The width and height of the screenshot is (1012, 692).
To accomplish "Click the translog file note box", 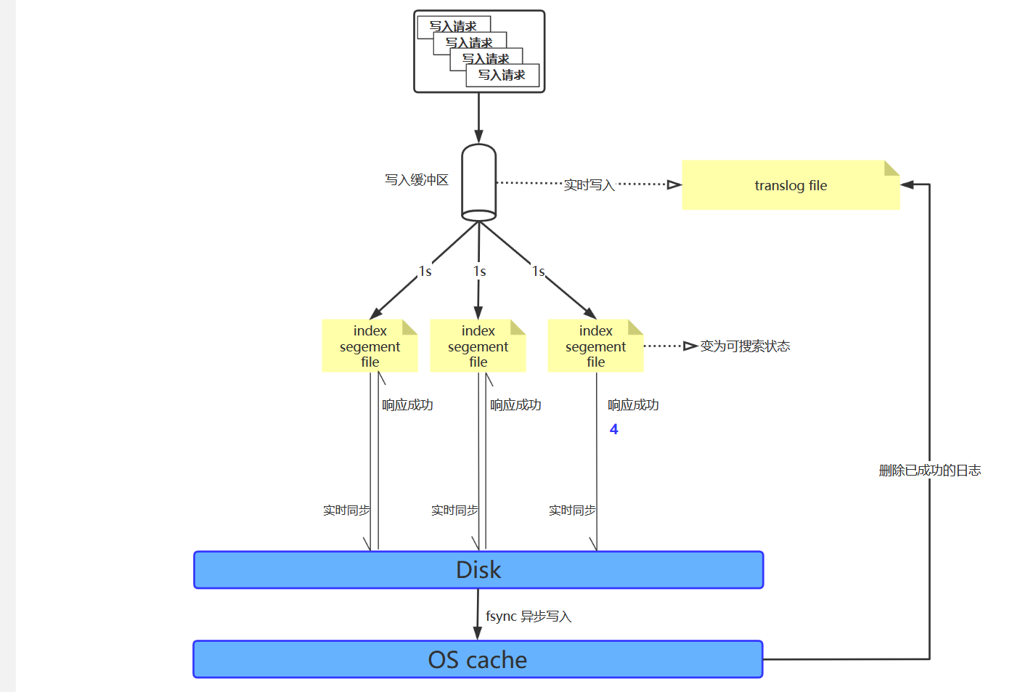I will point(790,186).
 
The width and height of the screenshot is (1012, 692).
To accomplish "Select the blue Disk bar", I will point(478,570).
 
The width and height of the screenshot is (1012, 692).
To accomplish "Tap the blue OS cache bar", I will point(478,659).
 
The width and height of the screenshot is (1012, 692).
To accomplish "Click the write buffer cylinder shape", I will point(478,182).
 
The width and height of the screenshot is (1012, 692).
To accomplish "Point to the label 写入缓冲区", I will point(417,180).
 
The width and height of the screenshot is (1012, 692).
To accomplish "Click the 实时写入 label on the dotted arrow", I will point(589,185).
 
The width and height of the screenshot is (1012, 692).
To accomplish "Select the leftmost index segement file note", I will point(370,346).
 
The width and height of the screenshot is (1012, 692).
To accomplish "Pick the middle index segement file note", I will point(478,346).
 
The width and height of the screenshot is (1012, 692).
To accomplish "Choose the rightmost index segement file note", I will point(595,346).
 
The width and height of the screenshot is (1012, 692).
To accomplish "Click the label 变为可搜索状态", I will point(745,346).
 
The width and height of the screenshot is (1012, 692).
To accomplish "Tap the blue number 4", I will point(613,429).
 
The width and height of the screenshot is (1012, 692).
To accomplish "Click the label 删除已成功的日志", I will point(929,471).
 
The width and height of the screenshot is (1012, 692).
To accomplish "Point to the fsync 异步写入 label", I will point(529,616).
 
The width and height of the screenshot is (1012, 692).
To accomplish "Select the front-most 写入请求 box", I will point(502,75).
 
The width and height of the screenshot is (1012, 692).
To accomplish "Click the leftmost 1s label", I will point(425,272).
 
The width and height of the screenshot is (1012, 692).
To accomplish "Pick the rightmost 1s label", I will point(538,272).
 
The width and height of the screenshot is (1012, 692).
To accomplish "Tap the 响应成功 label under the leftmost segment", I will point(407,405).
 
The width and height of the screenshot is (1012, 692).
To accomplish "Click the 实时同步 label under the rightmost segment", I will point(572,510).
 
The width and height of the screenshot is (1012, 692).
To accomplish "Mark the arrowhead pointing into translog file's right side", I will point(907,184).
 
